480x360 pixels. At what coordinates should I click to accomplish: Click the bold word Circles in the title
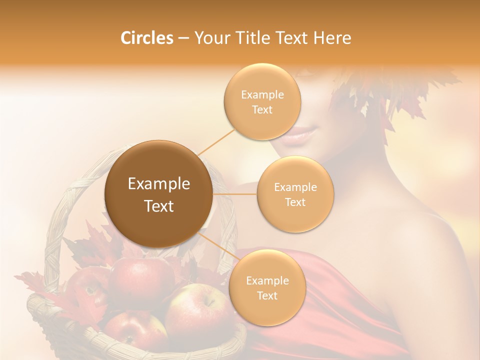point(146,38)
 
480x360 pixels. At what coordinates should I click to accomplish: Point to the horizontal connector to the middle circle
point(234,194)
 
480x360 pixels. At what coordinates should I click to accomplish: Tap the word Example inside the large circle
point(158,184)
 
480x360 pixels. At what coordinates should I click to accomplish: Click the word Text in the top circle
point(262,109)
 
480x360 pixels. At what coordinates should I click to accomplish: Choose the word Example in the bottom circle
point(267,280)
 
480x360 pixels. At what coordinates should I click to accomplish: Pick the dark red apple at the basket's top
point(140,277)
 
